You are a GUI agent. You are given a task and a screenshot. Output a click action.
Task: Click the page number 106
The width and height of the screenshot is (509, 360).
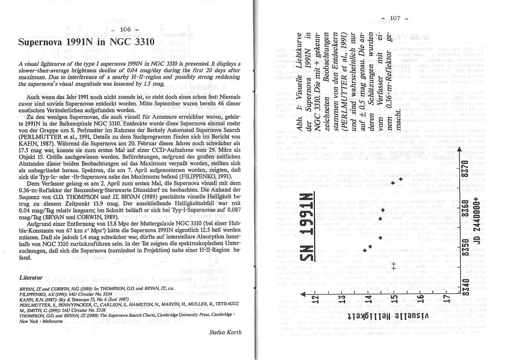pyautogui.click(x=125, y=29)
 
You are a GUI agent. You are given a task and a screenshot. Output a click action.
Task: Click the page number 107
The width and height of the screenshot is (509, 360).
pyautogui.click(x=394, y=18)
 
